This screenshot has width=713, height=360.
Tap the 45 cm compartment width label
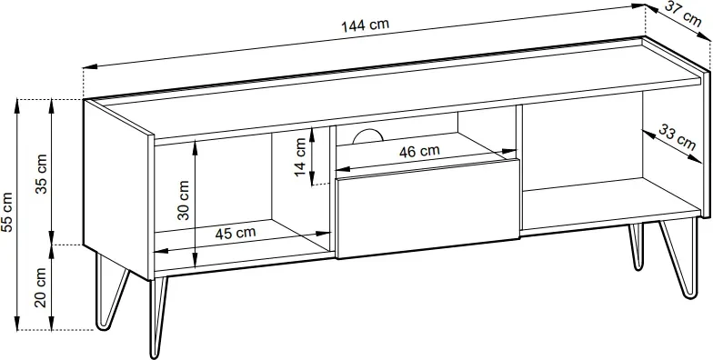pos(235,233)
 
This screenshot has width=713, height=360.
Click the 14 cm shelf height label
pos(300,157)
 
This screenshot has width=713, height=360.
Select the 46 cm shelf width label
pos(419,151)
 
